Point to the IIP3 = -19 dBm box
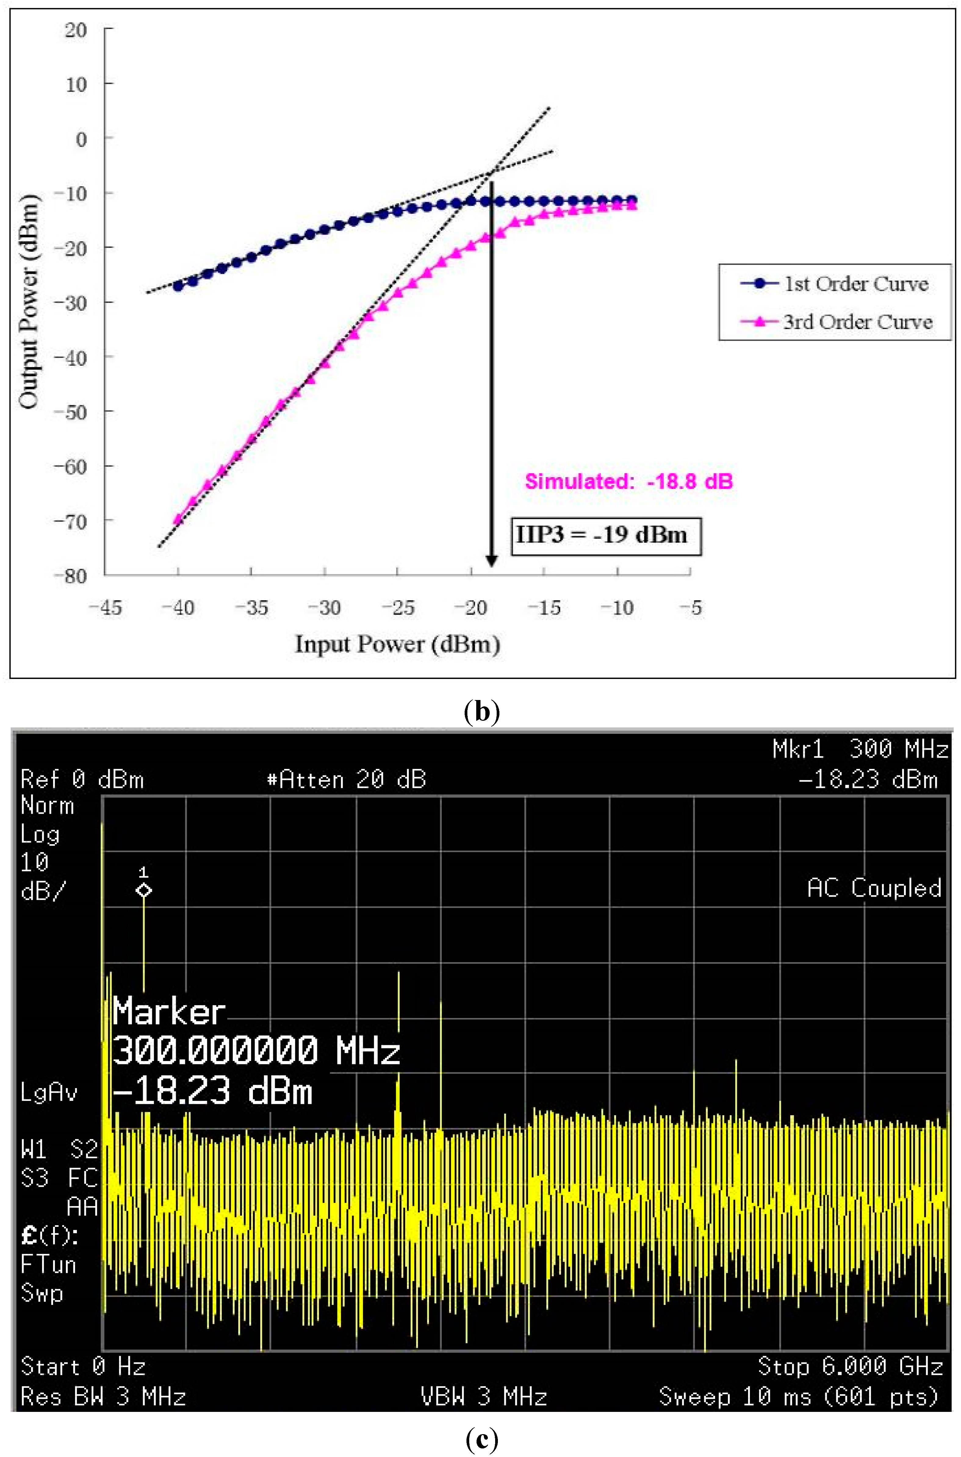(606, 536)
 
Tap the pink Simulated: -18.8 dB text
(629, 481)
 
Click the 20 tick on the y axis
(76, 29)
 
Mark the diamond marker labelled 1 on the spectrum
(143, 891)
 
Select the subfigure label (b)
(482, 712)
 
